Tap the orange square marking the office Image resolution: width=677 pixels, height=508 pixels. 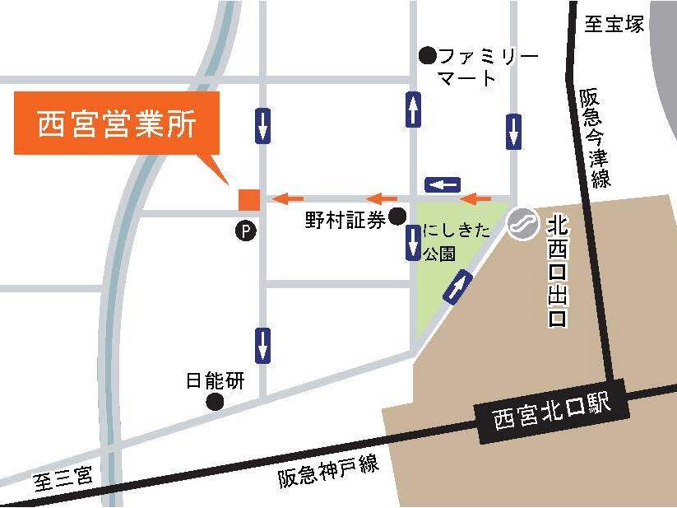coord(248,198)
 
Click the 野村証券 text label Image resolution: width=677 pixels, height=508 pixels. coord(345,220)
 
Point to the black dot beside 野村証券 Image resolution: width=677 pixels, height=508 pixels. coord(397,217)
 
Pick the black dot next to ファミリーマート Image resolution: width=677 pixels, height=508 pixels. coord(426,56)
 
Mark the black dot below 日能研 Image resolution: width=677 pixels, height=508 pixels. coord(216,402)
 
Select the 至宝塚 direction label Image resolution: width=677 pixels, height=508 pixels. coord(614,24)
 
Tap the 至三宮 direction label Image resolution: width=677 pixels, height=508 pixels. coord(64,478)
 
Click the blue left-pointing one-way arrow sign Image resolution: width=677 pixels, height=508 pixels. coord(443,184)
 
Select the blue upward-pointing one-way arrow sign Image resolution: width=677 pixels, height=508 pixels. coord(414,110)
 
